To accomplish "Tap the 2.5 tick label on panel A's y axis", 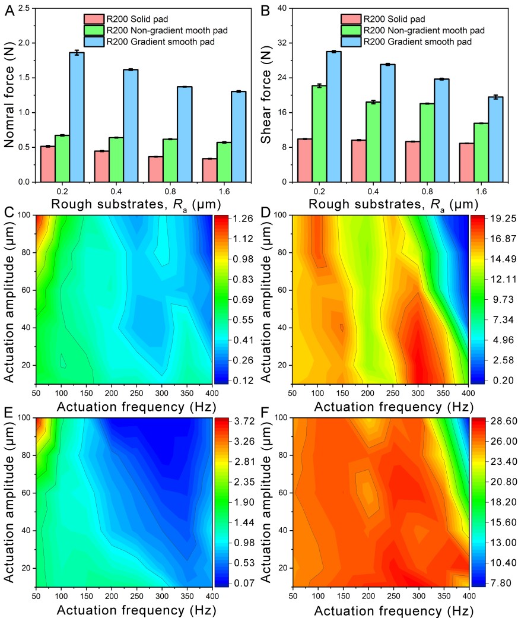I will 23,8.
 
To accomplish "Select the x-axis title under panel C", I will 124,406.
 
